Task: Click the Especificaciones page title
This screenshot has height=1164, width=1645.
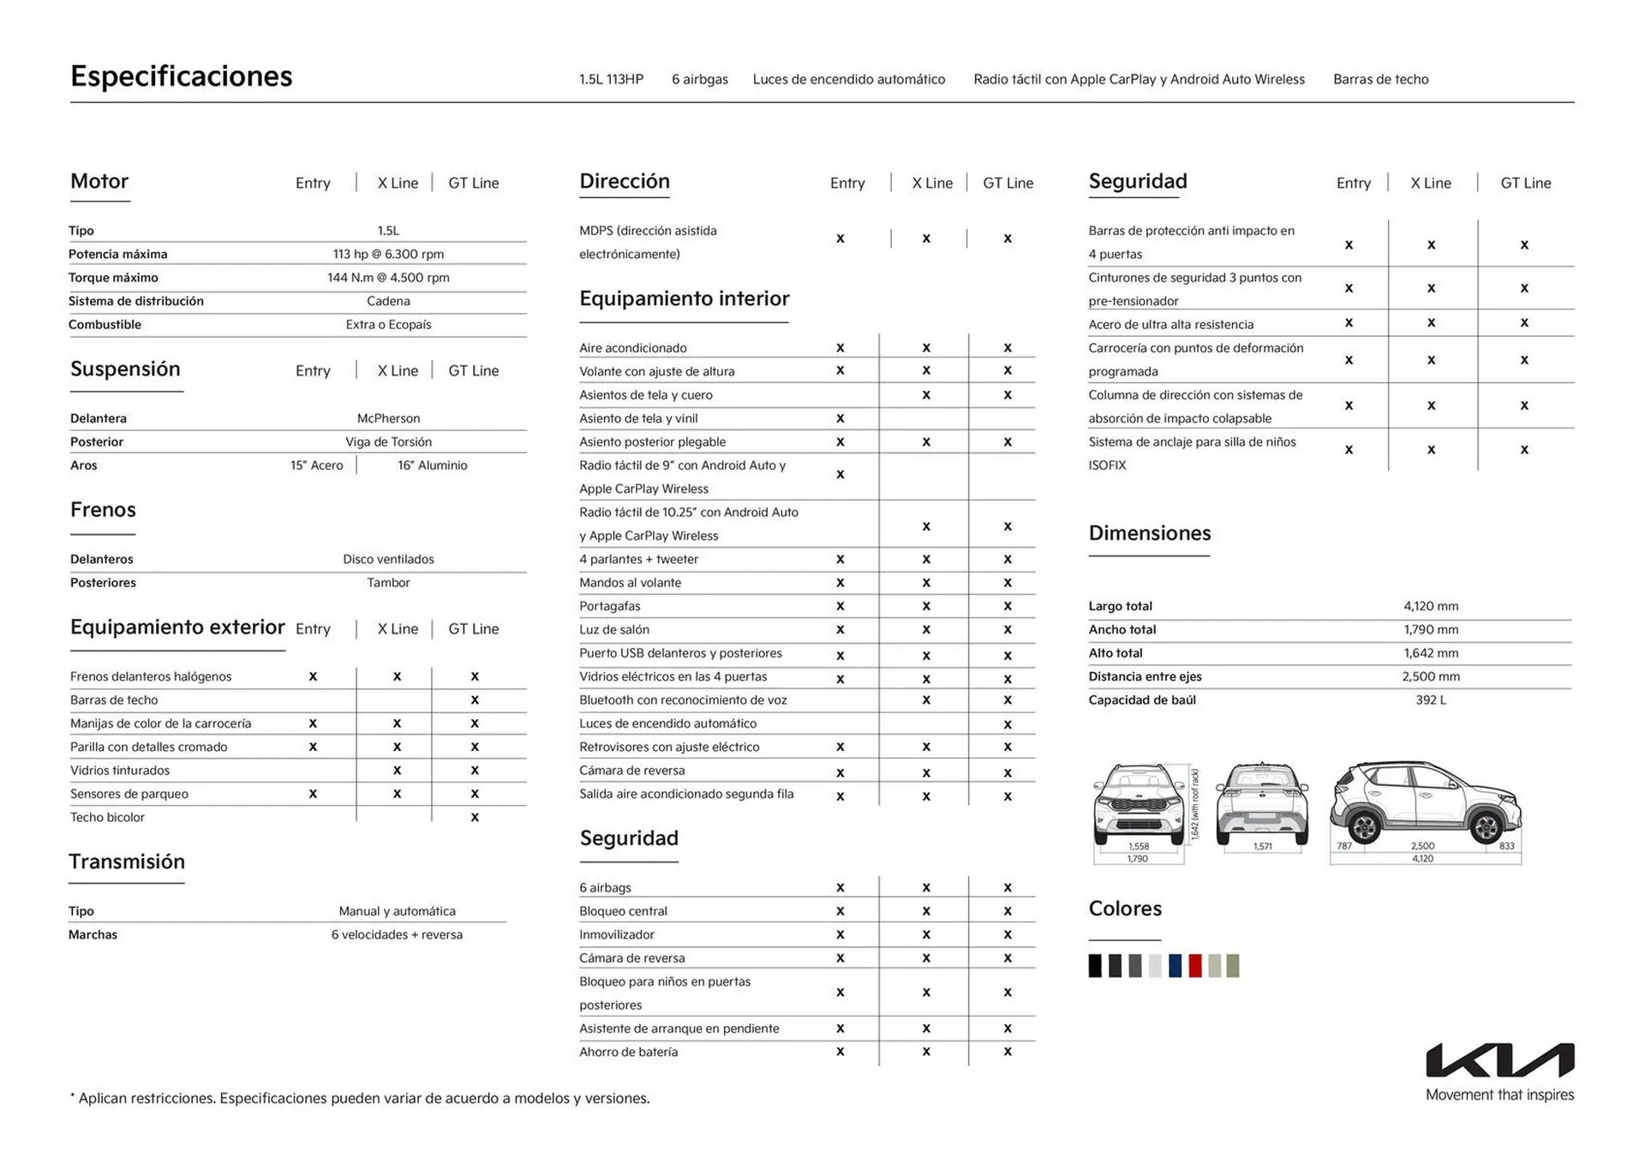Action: click(x=181, y=76)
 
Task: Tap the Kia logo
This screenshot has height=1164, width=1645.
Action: click(x=1499, y=1060)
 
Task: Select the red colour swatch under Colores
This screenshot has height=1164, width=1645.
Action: click(x=1195, y=966)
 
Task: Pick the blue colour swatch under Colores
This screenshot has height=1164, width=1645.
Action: click(x=1175, y=966)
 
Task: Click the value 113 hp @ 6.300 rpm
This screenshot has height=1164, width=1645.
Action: click(x=388, y=254)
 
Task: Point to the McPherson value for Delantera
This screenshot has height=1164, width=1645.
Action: click(x=388, y=418)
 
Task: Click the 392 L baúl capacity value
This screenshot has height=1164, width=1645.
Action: click(x=1430, y=699)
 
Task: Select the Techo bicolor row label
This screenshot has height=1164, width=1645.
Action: click(x=107, y=817)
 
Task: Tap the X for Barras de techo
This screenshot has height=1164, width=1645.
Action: click(x=475, y=700)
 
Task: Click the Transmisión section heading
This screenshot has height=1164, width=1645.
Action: click(x=127, y=861)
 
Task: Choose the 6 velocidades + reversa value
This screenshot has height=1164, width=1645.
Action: click(x=397, y=934)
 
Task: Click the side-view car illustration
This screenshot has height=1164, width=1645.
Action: click(x=1425, y=806)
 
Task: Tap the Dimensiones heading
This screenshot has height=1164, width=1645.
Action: click(x=1149, y=533)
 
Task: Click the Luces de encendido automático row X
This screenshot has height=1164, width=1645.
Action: click(x=1008, y=724)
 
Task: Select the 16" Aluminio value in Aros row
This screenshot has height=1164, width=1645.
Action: click(x=432, y=465)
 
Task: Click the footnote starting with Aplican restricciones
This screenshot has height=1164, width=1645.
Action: click(x=360, y=1098)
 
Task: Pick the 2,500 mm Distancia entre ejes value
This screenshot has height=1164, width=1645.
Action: click(x=1430, y=676)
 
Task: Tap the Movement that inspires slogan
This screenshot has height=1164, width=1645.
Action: click(x=1499, y=1095)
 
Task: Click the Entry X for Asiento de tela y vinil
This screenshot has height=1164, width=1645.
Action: click(x=840, y=419)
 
